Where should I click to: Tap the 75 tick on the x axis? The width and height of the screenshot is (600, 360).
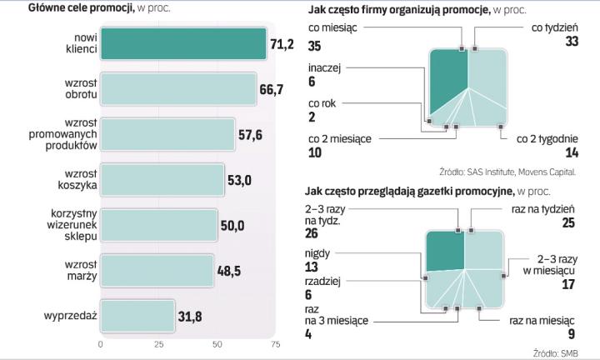point(275,343)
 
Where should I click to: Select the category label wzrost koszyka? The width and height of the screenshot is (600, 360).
point(75,179)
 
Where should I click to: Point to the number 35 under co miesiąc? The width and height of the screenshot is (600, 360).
point(315,44)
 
